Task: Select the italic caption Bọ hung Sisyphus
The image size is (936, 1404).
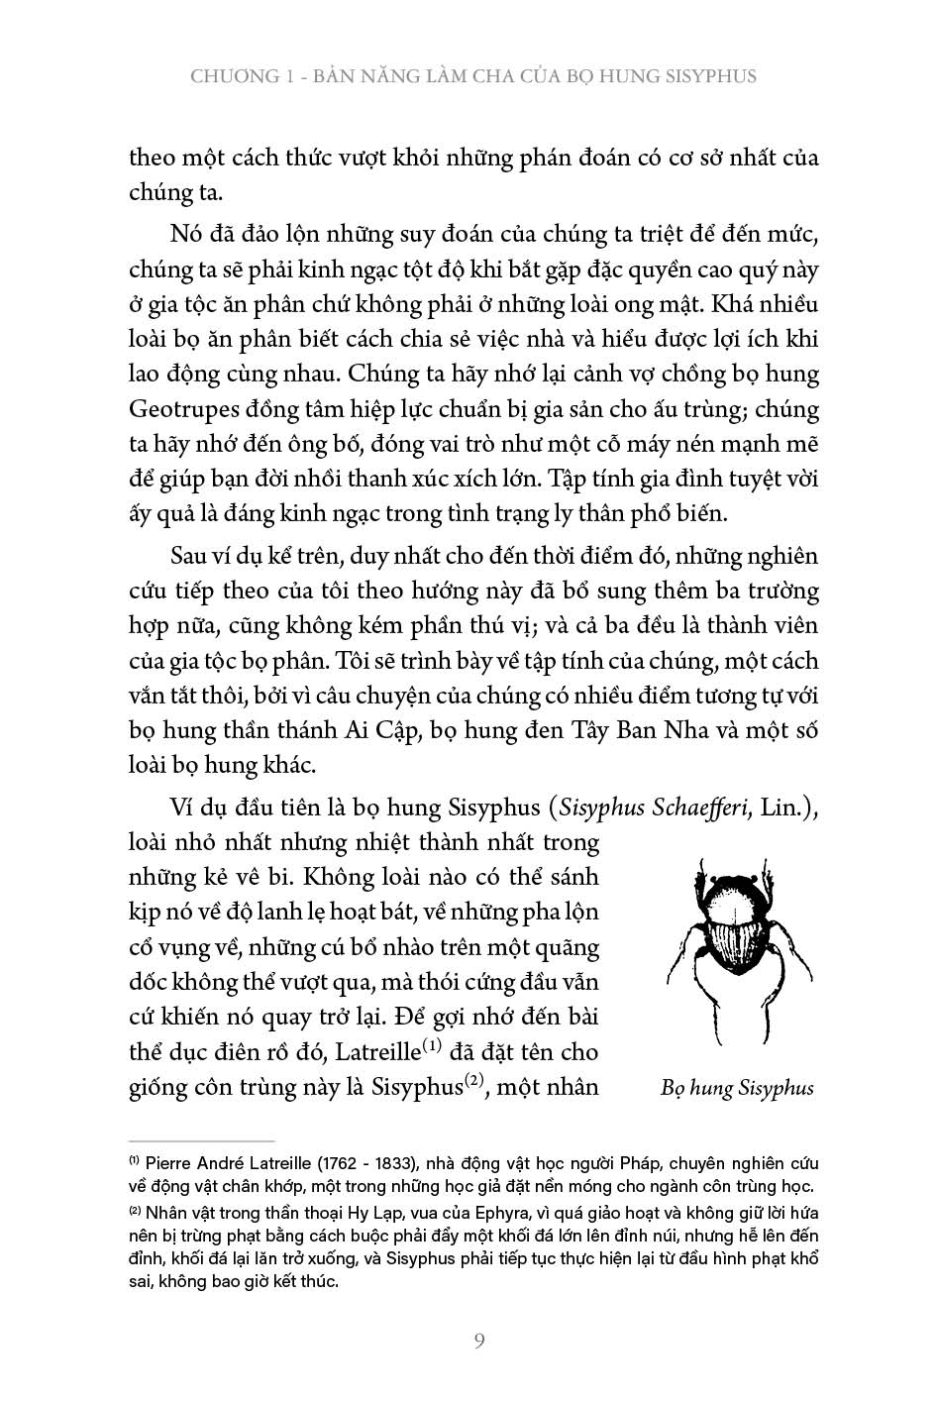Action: [736, 1088]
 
